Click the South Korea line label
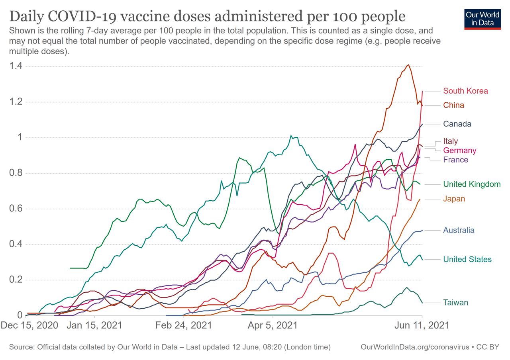(x=465, y=91)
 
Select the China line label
(x=453, y=105)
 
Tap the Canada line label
(x=457, y=124)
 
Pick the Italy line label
(x=451, y=141)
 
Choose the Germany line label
(x=459, y=151)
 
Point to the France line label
(x=455, y=160)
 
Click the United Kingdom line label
(x=472, y=184)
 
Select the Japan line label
(x=454, y=199)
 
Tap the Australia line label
(x=459, y=230)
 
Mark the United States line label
(x=467, y=259)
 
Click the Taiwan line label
(x=455, y=303)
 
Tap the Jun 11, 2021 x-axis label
(x=422, y=325)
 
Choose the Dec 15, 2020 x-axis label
(x=30, y=325)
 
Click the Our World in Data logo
(x=482, y=18)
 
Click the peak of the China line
(x=408, y=65)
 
